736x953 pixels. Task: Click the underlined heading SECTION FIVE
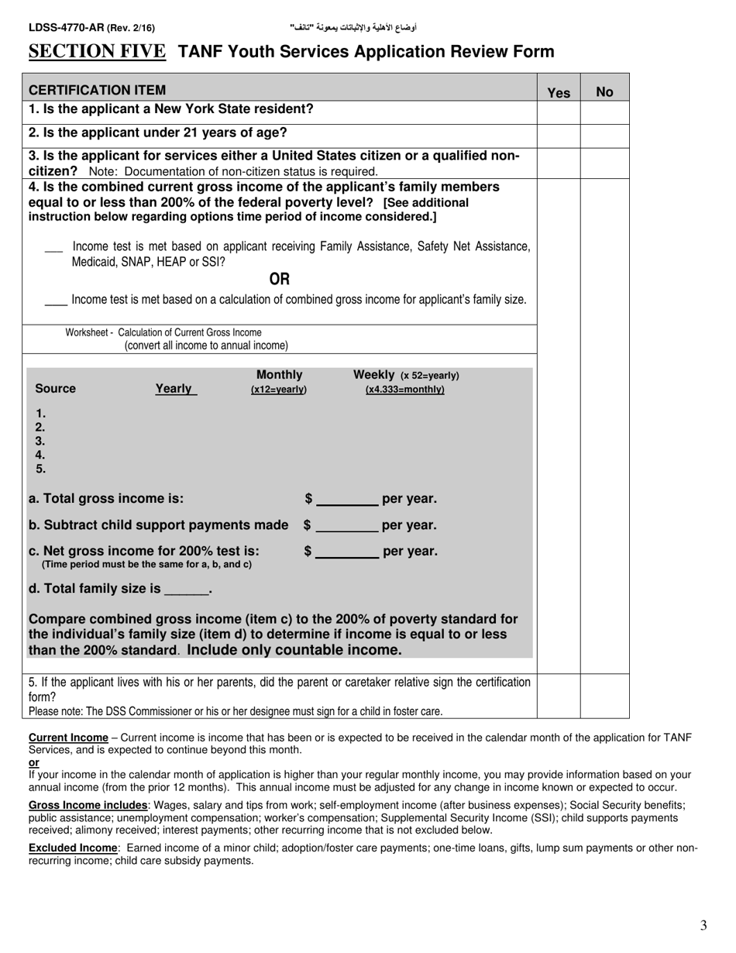[x=97, y=52]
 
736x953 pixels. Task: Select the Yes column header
[x=559, y=92]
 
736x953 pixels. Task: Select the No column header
[x=604, y=92]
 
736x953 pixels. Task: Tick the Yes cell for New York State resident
[x=559, y=112]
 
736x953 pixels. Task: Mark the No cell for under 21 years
[x=604, y=136]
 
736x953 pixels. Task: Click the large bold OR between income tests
[x=279, y=279]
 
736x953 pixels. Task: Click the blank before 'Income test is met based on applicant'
[x=53, y=248]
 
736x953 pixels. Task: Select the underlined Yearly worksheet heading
[x=175, y=389]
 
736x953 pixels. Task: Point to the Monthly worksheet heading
[x=279, y=375]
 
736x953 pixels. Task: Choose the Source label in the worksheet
[x=56, y=389]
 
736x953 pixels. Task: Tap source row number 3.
[x=40, y=441]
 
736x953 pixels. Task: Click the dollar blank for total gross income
[x=347, y=500]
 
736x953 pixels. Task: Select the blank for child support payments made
[x=347, y=526]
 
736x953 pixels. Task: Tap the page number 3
[x=703, y=925]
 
